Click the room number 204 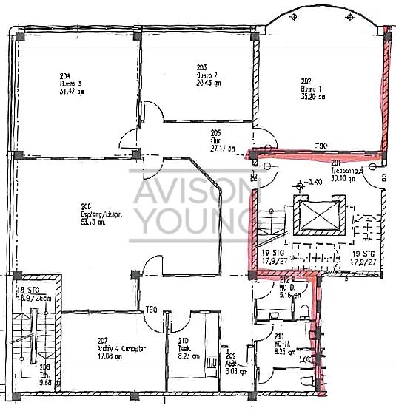tap(64, 76)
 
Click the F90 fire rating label tap(321, 146)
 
